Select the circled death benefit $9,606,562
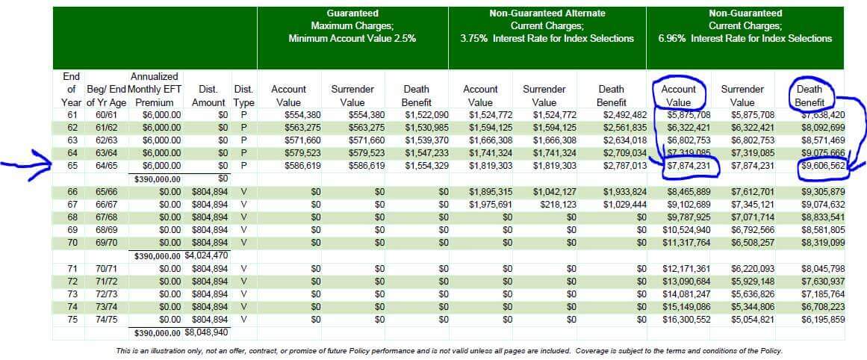pyautogui.click(x=821, y=166)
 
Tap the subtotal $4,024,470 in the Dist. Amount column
pyautogui.click(x=206, y=255)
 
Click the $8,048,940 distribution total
pyautogui.click(x=206, y=333)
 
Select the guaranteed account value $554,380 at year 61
pyautogui.click(x=289, y=115)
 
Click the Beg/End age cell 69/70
pyautogui.click(x=107, y=243)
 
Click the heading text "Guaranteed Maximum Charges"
pyautogui.click(x=352, y=19)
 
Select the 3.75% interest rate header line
pyautogui.click(x=547, y=39)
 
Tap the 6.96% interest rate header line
pyautogui.click(x=745, y=39)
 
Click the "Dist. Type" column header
pyautogui.click(x=244, y=96)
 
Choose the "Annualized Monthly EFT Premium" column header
pyautogui.click(x=155, y=90)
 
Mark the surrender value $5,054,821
pyautogui.click(x=742, y=320)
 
